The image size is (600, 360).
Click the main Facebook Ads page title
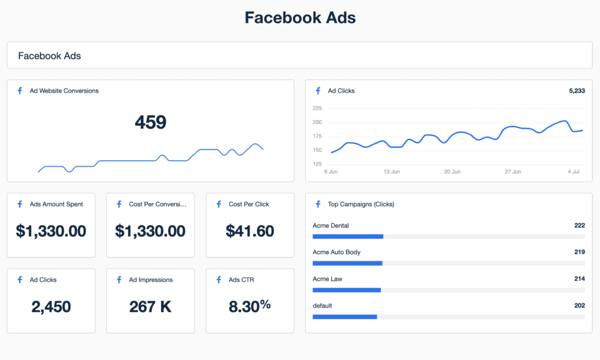point(300,18)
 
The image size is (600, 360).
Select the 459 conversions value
point(151,122)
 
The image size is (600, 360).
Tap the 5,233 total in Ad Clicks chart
point(577,91)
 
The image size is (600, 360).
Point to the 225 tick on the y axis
point(317,108)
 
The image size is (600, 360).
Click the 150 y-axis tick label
point(317,150)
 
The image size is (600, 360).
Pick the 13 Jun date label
point(391,172)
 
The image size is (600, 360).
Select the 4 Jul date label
point(574,172)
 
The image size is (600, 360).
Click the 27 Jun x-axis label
point(513,172)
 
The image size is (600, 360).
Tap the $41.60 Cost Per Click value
point(250,231)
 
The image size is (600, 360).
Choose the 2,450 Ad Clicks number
point(51,306)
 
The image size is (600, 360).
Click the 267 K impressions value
point(150,306)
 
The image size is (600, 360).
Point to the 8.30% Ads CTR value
point(250,305)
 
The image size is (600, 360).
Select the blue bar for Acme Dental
point(348,236)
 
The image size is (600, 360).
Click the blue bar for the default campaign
point(345,317)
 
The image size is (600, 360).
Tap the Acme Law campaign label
point(328,279)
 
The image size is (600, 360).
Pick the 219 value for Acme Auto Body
point(579,252)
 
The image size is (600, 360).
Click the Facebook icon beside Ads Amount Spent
point(20,205)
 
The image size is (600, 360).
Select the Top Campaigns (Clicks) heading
point(361,205)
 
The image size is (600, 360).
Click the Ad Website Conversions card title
point(64,91)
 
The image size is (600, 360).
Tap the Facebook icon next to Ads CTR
point(219,280)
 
